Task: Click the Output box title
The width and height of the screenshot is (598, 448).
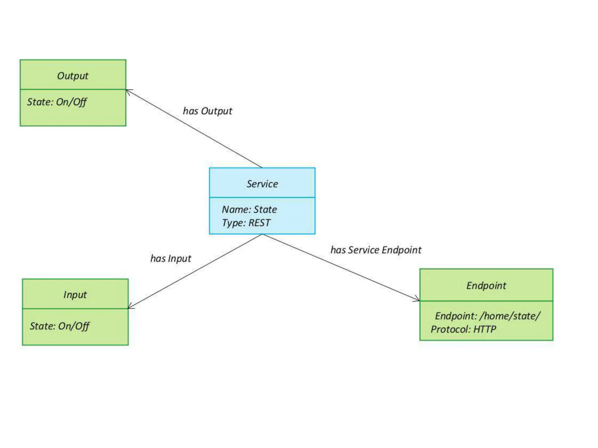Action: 72,76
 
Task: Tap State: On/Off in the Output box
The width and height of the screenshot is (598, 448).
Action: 57,102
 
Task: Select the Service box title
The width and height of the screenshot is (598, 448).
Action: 262,184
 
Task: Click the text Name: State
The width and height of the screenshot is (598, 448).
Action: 249,209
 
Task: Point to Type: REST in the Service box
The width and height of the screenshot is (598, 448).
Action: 246,223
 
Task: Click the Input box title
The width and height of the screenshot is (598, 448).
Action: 75,295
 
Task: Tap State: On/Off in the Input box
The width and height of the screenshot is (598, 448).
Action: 59,326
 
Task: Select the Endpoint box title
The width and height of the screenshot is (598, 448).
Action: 486,286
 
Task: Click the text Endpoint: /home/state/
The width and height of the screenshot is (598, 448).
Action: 488,316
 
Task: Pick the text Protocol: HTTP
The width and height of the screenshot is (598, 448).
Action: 463,329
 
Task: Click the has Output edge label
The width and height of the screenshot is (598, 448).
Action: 207,111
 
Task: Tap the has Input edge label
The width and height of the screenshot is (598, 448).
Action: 171,258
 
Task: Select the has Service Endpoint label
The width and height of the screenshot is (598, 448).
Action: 376,250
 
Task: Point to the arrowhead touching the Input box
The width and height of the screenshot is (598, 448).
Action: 130,307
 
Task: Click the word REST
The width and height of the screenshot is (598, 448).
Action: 259,223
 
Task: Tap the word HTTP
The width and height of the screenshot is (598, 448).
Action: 485,329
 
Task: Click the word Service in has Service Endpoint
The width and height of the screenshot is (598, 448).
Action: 364,250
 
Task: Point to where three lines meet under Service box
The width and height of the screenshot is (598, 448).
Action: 262,234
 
